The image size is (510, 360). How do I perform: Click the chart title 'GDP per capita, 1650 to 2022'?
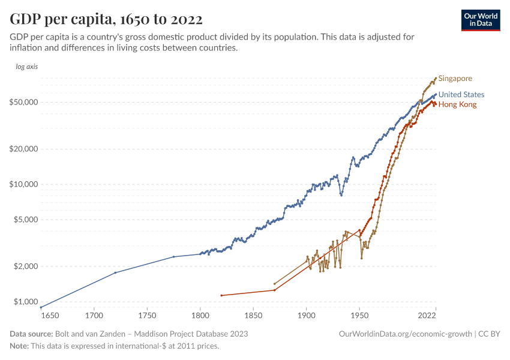[x=106, y=19]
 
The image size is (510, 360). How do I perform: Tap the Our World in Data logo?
[x=481, y=20]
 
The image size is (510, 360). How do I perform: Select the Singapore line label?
[x=455, y=79]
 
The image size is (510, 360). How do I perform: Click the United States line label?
[x=461, y=95]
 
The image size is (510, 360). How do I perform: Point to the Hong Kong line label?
[x=457, y=105]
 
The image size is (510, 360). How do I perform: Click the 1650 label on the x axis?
[x=49, y=315]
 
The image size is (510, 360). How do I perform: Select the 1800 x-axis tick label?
[x=200, y=315]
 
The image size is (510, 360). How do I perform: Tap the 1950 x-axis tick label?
[x=359, y=315]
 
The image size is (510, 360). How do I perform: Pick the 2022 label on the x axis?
[x=427, y=315]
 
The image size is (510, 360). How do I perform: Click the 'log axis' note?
[x=26, y=67]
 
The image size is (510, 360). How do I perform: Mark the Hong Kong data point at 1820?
[x=221, y=295]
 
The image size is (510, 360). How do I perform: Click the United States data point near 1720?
[x=115, y=273]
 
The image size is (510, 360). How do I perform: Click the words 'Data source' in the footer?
[x=31, y=334]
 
